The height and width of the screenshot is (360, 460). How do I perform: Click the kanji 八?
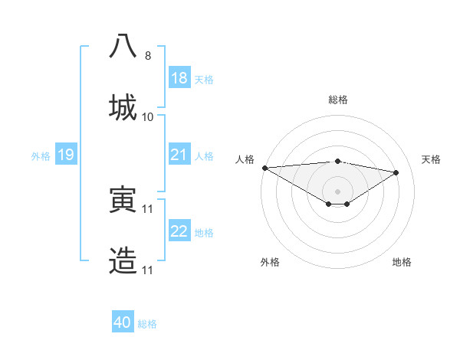(x=123, y=45)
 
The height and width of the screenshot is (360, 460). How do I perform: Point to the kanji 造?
(x=123, y=260)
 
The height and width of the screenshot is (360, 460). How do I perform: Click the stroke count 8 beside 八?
(x=148, y=56)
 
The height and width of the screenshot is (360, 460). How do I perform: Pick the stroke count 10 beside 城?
(x=148, y=117)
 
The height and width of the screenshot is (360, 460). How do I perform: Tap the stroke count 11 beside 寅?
(x=148, y=209)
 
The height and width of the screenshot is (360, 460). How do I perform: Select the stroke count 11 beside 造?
(x=148, y=270)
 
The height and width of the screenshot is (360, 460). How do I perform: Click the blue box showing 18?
(x=179, y=78)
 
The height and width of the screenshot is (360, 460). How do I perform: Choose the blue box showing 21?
(x=179, y=155)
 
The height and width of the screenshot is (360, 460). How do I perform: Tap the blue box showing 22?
(x=179, y=231)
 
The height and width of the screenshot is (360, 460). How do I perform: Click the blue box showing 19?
(x=65, y=155)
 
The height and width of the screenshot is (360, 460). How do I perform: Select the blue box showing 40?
(x=123, y=323)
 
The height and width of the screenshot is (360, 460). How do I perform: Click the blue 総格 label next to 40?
(x=147, y=324)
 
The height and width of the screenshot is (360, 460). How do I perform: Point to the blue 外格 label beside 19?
(x=41, y=155)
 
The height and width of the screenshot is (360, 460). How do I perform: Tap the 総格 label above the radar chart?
(x=337, y=100)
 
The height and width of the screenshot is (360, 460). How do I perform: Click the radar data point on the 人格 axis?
(x=264, y=168)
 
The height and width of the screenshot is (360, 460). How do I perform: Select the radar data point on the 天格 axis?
(x=396, y=172)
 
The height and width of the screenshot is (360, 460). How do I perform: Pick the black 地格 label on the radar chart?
(x=402, y=262)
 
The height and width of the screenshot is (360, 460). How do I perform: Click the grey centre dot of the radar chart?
(x=337, y=191)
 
